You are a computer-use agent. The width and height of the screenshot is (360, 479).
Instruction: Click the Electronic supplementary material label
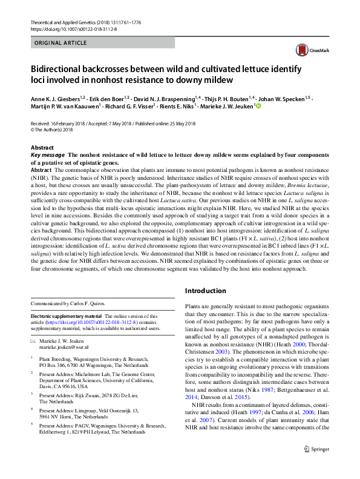[66, 316]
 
